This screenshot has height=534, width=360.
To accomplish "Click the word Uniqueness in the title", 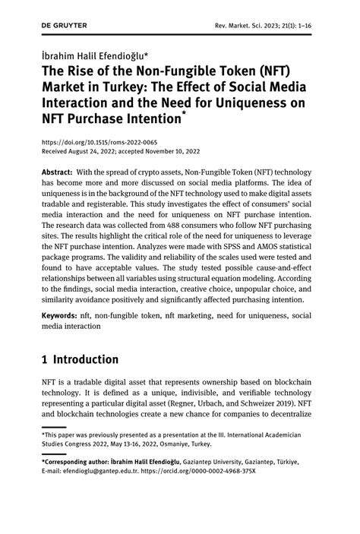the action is pos(264,103).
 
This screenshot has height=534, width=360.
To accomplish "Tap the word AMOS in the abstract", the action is pos(275,258).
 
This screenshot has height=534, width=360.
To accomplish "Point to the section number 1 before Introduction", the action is pos(46,359).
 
